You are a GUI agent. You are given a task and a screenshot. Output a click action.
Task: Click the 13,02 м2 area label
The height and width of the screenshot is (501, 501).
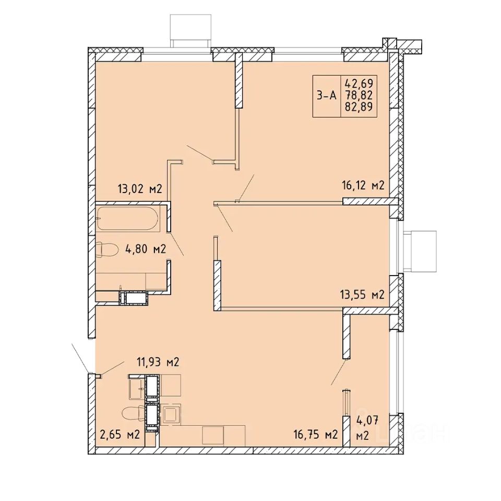(x=140, y=188)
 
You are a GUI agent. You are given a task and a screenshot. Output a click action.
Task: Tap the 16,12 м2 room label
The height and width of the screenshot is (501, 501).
(x=362, y=185)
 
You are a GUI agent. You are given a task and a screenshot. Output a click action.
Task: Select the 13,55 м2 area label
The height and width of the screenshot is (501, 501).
(x=362, y=294)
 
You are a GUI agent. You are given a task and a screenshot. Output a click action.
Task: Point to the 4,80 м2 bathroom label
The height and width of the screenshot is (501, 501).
(x=146, y=248)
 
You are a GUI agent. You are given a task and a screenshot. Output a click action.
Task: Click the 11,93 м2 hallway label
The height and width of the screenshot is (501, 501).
(x=158, y=362)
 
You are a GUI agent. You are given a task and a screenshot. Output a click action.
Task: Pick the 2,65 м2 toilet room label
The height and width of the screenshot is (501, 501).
(x=120, y=435)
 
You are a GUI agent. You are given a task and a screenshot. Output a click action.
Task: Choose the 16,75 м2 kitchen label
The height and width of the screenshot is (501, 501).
(x=316, y=435)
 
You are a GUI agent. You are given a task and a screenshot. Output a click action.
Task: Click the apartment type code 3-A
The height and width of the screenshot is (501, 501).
(x=327, y=95)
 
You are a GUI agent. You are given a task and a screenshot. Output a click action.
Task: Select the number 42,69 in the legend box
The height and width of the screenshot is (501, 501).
(x=359, y=83)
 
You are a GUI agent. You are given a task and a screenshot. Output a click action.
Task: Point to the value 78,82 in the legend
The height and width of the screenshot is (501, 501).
(x=359, y=95)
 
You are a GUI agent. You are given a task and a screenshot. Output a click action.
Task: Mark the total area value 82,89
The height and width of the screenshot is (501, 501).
(x=359, y=106)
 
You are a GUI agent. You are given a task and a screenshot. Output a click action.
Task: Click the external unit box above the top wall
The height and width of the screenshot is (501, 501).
(x=191, y=31)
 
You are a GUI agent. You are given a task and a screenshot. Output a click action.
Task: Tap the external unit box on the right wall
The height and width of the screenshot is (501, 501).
(x=420, y=252)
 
